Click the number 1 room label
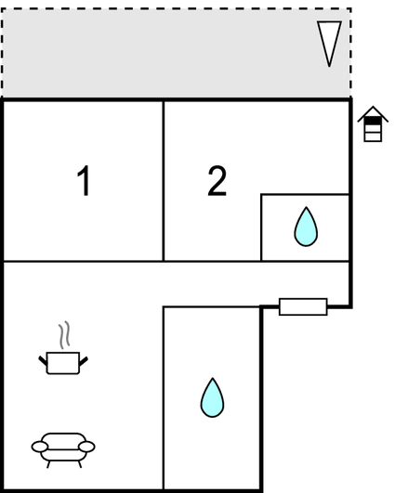(84, 180)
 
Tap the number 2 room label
(217, 180)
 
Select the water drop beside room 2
(306, 227)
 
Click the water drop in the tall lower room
(213, 397)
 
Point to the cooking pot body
(63, 363)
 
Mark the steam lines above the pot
(64, 335)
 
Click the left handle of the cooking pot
(43, 360)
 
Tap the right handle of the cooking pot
(84, 361)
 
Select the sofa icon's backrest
(63, 440)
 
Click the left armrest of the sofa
(40, 447)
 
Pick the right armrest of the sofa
(86, 447)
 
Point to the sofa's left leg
(48, 464)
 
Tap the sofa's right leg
(80, 464)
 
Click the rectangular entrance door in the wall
(303, 306)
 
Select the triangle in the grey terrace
(329, 44)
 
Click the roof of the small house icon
(373, 114)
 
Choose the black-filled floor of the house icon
(373, 121)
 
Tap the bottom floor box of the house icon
(373, 137)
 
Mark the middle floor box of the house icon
(373, 129)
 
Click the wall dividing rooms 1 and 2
(164, 181)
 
